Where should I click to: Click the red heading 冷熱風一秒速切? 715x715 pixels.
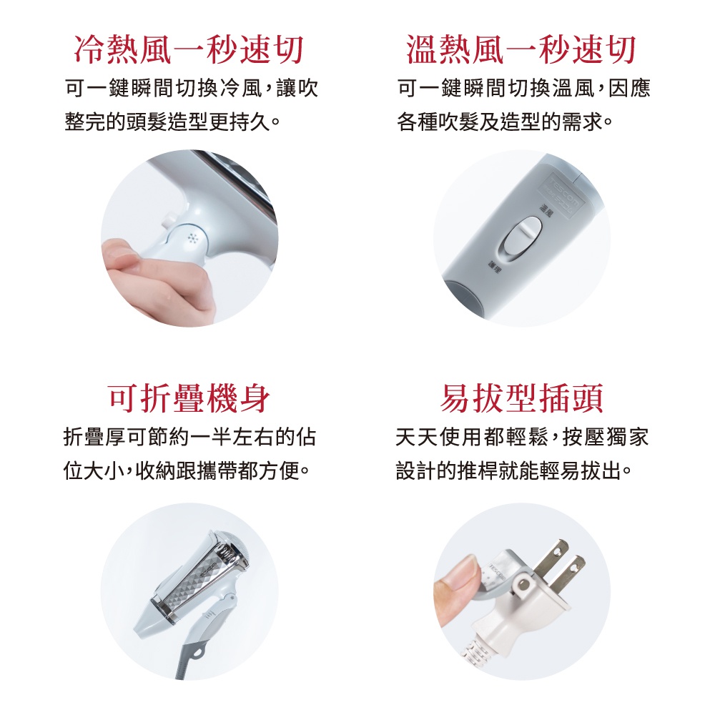coord(189,50)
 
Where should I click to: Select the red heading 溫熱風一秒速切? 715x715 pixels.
coord(521,50)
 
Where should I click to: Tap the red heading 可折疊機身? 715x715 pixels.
coord(189,398)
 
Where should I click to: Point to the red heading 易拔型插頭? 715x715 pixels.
coord(521,398)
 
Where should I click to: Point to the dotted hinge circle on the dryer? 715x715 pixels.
coord(191,237)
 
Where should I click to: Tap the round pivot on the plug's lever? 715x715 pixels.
coord(524,586)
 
